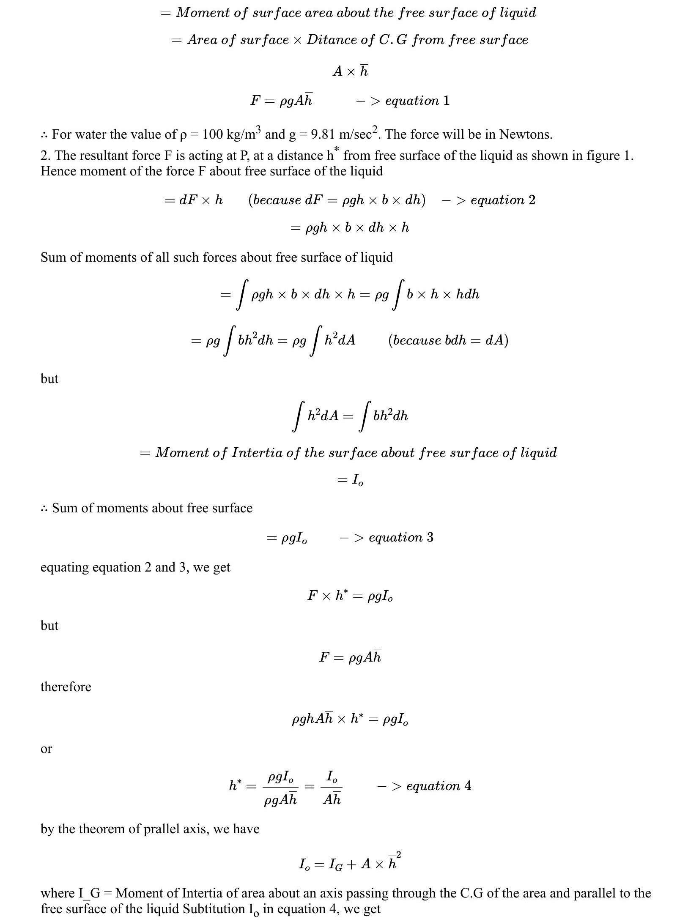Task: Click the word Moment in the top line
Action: pyautogui.click(x=202, y=13)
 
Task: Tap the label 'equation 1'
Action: pyautogui.click(x=417, y=101)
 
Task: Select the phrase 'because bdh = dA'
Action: pyautogui.click(x=448, y=340)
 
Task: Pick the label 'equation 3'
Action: pyautogui.click(x=400, y=537)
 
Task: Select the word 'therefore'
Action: pyautogui.click(x=66, y=687)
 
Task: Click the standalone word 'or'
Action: pyautogui.click(x=46, y=749)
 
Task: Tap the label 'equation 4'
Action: pyautogui.click(x=438, y=786)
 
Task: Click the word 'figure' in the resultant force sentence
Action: pyautogui.click(x=596, y=156)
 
